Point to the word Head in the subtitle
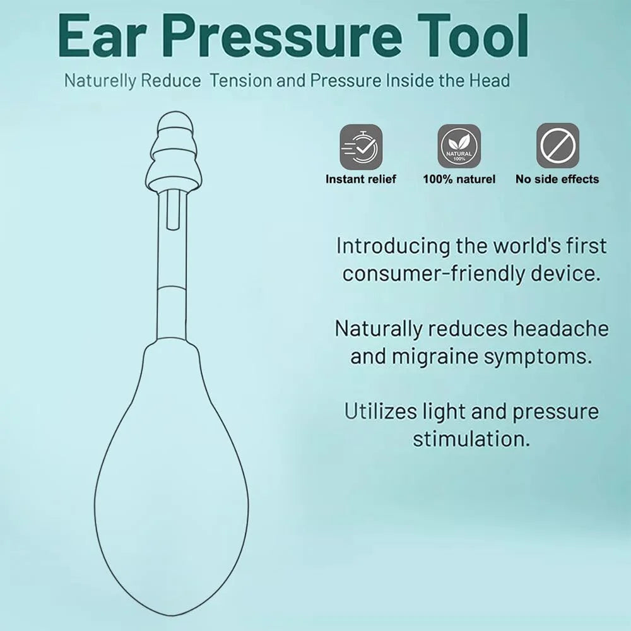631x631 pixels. pyautogui.click(x=488, y=81)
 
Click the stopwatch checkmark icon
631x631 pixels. pyautogui.click(x=361, y=146)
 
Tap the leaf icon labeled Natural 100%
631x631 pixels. pyautogui.click(x=459, y=146)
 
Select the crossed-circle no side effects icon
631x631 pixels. pyautogui.click(x=557, y=146)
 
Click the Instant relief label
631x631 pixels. pyautogui.click(x=361, y=179)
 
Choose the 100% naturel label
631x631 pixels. pyautogui.click(x=459, y=179)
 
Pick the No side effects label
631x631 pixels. pyautogui.click(x=557, y=179)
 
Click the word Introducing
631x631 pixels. pyautogui.click(x=392, y=245)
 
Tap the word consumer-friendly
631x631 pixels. pyautogui.click(x=437, y=273)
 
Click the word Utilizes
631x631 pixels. pyautogui.click(x=380, y=411)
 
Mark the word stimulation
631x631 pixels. pyautogui.click(x=471, y=439)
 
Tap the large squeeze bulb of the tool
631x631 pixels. pyautogui.click(x=170, y=480)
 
